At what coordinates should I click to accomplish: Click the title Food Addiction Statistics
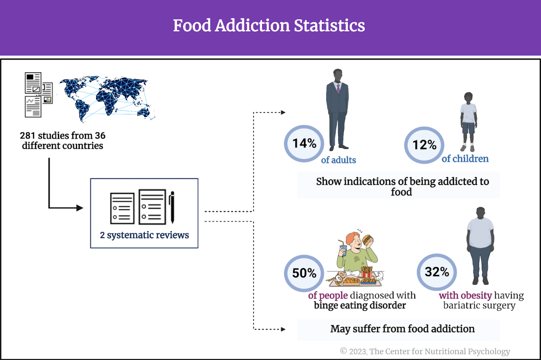(269, 26)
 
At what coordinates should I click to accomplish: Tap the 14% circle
(304, 144)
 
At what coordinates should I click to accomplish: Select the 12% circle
(424, 145)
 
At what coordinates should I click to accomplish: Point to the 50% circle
(304, 273)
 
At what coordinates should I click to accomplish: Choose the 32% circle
(437, 272)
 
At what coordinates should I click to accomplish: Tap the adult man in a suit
(337, 109)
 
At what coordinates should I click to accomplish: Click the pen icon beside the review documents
(172, 208)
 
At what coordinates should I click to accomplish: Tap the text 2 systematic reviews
(144, 235)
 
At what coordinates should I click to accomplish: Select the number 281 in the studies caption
(27, 135)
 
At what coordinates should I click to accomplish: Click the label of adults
(338, 160)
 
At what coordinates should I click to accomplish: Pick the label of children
(465, 159)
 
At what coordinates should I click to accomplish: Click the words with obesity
(465, 296)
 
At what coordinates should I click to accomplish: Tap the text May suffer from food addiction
(402, 329)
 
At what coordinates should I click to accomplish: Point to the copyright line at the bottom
(425, 351)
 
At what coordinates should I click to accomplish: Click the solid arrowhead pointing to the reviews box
(80, 208)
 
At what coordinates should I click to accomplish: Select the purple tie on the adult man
(338, 88)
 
